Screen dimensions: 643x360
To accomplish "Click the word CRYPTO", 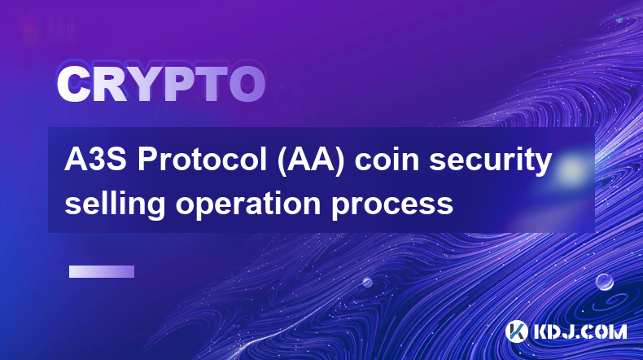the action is point(161,85).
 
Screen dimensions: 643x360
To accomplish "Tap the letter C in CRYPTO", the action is point(73,85).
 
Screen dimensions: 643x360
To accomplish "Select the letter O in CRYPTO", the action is point(247,85).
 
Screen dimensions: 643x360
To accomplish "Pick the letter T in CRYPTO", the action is point(212,85).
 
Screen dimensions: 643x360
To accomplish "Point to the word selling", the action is point(115,204).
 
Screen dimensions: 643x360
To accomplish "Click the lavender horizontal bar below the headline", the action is point(102,272).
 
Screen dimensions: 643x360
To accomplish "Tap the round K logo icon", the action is point(516,331).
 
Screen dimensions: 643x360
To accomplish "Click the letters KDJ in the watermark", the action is point(554,331).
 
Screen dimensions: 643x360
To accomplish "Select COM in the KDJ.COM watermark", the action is point(605,331).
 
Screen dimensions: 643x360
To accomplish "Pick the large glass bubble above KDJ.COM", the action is point(604,282).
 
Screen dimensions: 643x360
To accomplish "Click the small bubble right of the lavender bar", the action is point(367,282).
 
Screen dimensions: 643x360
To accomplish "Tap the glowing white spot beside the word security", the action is point(570,169).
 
